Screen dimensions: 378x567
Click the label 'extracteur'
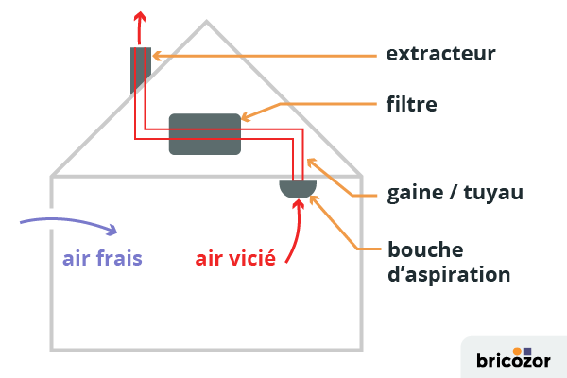[x=441, y=54]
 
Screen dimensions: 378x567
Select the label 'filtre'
[x=412, y=103]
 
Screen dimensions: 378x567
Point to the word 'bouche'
[x=425, y=250]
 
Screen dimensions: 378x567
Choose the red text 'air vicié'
[x=235, y=257]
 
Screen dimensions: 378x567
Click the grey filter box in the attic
[x=204, y=134]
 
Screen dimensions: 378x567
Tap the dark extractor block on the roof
[x=139, y=68]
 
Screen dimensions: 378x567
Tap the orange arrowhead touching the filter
[x=247, y=118]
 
